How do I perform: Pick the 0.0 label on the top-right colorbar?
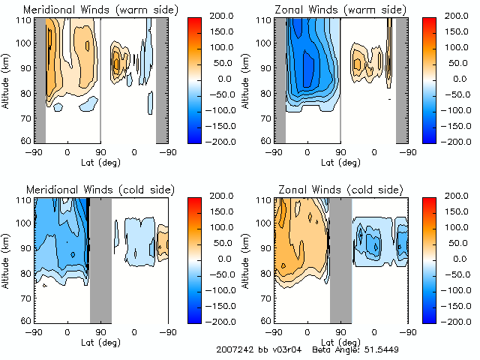pos(458,78)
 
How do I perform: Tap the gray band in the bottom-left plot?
pos(100,259)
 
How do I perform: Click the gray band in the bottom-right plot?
pos(340,259)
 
